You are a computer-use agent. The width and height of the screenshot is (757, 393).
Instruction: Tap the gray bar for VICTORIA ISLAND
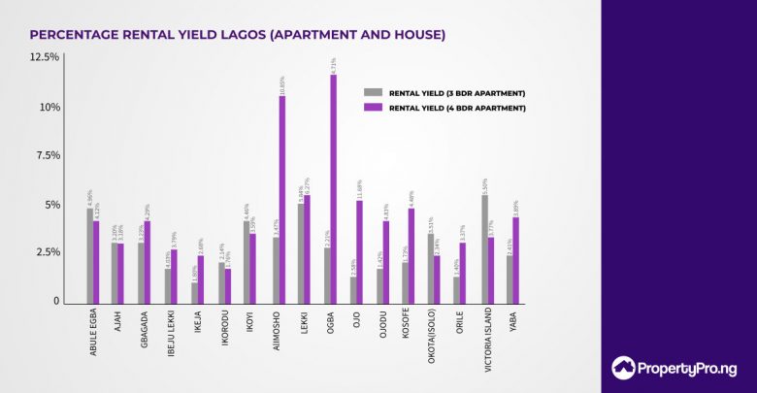click(485, 249)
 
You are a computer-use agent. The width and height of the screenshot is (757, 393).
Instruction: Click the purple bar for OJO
click(360, 251)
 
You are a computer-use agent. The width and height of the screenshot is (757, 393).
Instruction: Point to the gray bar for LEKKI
click(301, 253)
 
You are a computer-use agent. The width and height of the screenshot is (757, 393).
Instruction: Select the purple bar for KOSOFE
click(412, 255)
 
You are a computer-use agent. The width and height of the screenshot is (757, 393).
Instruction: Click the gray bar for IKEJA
click(194, 292)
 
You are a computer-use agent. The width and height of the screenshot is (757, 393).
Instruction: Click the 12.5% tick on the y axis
click(45, 58)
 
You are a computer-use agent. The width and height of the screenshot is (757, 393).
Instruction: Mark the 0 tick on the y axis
click(56, 302)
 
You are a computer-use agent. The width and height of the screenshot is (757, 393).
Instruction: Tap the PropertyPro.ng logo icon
click(624, 368)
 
